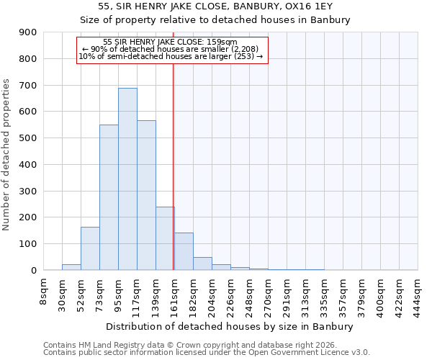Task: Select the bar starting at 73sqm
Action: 109,197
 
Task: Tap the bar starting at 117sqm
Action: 146,195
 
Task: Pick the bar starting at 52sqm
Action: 90,248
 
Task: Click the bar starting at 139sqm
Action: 165,238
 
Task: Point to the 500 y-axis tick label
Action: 29,138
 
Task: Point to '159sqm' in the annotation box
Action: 222,42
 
